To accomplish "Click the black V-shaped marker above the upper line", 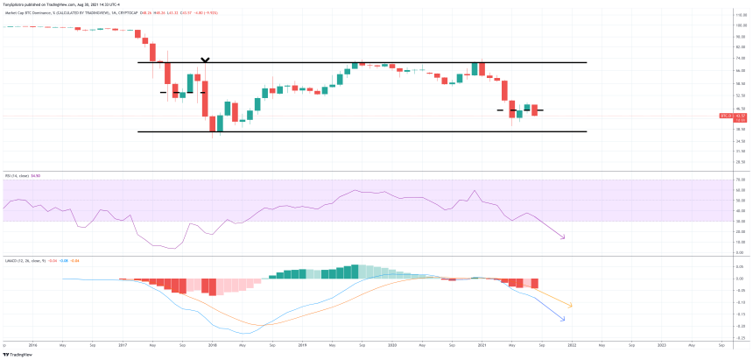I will click(205, 60).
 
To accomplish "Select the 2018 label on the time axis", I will click(211, 345).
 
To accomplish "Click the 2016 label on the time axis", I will click(32, 345).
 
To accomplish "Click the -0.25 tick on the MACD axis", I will click(741, 338).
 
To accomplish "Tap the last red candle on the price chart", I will click(533, 110).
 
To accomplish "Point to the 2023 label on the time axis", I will click(662, 345).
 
